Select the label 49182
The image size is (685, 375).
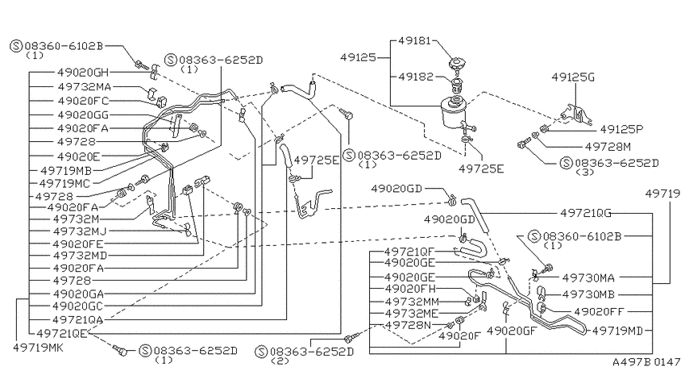point(417,77)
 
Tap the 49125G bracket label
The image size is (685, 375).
point(573,77)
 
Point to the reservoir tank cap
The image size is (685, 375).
point(457,65)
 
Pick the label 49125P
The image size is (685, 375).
point(621,129)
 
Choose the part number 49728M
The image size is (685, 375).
point(608,147)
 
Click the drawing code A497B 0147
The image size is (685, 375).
point(646,362)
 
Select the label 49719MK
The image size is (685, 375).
point(38,348)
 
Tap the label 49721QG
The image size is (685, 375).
point(586,213)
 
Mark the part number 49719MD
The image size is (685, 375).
point(617,331)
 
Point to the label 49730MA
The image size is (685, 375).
point(588,277)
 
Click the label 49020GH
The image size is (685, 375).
point(82,72)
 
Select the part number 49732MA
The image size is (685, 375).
point(85,86)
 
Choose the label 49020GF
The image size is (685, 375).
point(511,331)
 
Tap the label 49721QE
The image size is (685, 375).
point(62,334)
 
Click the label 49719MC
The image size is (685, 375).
point(65,183)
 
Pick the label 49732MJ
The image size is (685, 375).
point(80,231)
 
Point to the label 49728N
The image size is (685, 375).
point(408,325)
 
